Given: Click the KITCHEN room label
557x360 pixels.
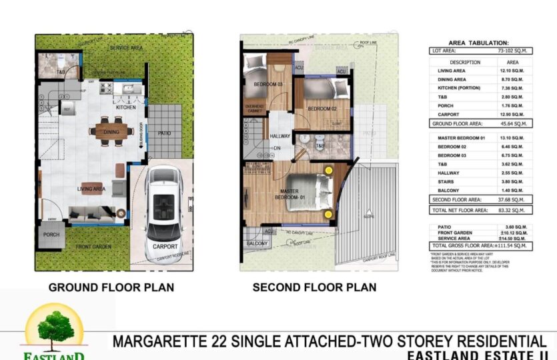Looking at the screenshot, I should click(x=126, y=107).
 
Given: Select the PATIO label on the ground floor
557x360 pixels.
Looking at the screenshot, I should click(x=164, y=133).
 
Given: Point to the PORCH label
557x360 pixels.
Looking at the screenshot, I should click(x=51, y=235).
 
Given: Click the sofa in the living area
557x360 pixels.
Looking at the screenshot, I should click(x=91, y=213).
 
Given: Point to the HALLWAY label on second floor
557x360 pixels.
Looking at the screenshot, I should click(x=280, y=136).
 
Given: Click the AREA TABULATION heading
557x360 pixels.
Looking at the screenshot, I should click(x=478, y=41).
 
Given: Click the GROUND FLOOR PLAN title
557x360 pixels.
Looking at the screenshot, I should click(x=111, y=288).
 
